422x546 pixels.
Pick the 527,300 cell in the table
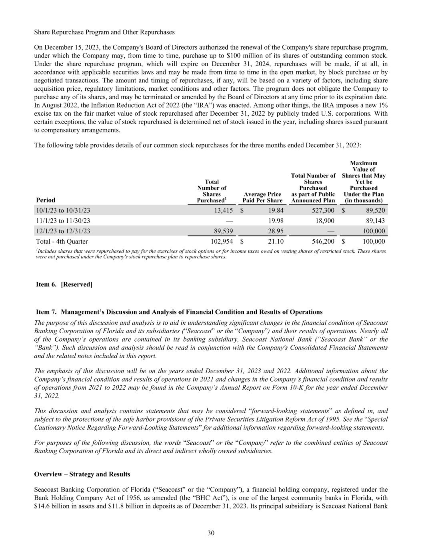(x=323, y=210)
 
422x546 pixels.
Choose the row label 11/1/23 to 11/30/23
(x=63, y=221)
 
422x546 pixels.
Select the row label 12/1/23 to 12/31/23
(x=63, y=231)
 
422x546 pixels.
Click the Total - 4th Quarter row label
(x=62, y=242)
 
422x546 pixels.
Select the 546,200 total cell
(x=323, y=242)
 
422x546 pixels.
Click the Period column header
(x=46, y=200)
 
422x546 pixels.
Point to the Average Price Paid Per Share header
(x=262, y=197)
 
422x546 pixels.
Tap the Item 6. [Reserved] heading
(x=64, y=284)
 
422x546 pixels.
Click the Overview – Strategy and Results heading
(x=82, y=474)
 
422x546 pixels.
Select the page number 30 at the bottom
(x=211, y=533)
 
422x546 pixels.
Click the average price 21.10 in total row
(x=276, y=242)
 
